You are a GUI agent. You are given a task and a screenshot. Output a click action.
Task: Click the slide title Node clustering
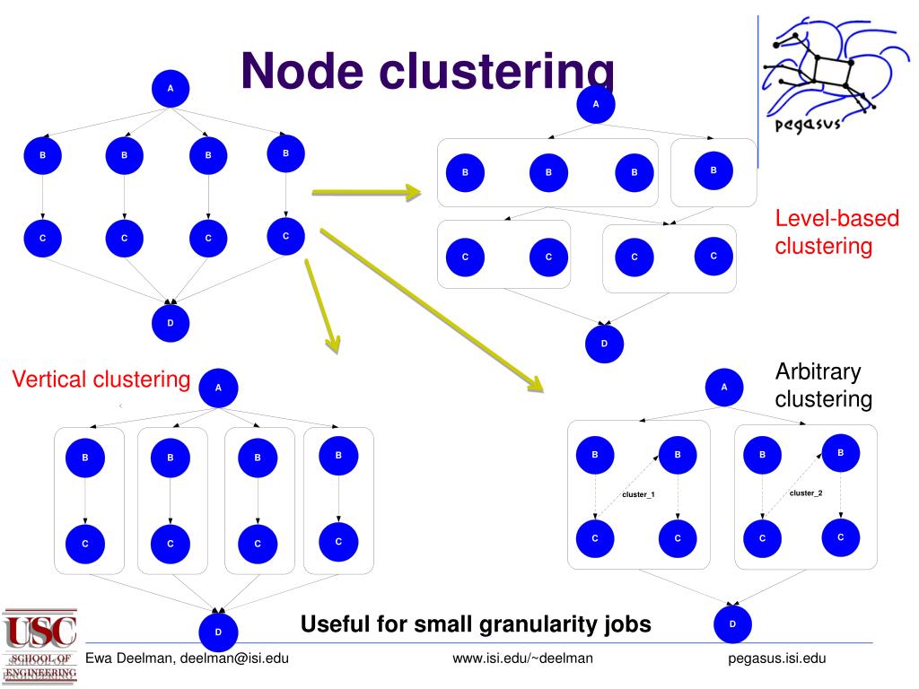click(427, 71)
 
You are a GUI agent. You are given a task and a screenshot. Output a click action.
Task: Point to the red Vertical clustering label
click(101, 380)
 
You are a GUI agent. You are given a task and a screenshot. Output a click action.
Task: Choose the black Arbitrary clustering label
click(823, 385)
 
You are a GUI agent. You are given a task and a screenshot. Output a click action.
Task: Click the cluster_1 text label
click(638, 495)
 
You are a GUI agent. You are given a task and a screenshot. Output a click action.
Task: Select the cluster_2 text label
click(805, 493)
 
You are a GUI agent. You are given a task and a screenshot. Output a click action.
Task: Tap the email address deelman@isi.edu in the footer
click(234, 659)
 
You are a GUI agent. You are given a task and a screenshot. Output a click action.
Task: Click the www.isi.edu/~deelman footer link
click(522, 659)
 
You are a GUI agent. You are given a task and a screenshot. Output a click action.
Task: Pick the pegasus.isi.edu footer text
click(776, 659)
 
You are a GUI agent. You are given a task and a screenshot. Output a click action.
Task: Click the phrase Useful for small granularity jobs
click(476, 624)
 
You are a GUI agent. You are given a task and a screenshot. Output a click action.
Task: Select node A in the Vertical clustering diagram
click(218, 388)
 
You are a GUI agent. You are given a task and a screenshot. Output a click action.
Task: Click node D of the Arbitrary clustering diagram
click(732, 624)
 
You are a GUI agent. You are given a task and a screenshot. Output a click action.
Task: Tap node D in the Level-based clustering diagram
click(604, 344)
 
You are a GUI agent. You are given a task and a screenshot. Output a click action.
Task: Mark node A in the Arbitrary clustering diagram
click(724, 387)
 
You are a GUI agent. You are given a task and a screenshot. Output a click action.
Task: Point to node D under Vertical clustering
click(218, 633)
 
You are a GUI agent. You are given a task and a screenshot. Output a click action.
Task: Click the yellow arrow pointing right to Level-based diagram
click(366, 191)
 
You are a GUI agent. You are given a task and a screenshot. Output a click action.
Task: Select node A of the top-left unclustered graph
click(171, 88)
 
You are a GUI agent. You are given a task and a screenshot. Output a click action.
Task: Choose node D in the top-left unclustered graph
click(171, 322)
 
